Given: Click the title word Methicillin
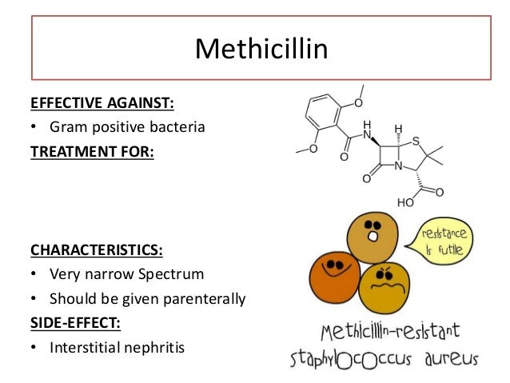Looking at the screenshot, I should [x=262, y=50].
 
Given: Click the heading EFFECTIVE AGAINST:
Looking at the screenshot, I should [x=102, y=103].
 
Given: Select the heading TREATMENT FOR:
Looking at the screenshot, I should [x=91, y=149].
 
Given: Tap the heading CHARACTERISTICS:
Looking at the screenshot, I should [x=96, y=249].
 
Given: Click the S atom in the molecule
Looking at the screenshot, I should [x=416, y=142].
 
